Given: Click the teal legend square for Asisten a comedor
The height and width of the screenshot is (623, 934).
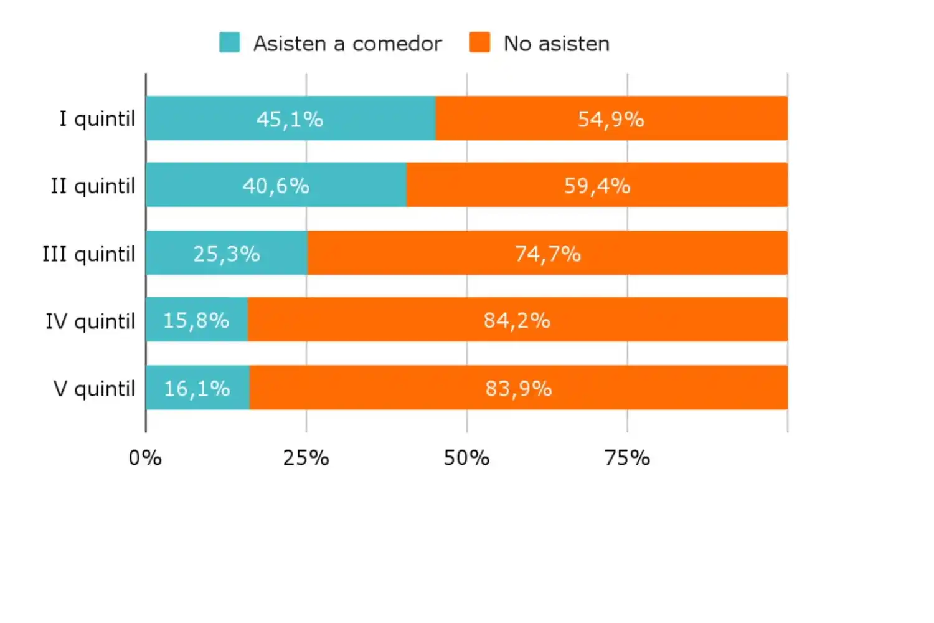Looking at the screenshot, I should pyautogui.click(x=230, y=42).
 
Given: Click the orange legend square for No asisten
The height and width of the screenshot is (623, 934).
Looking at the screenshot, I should pyautogui.click(x=479, y=42).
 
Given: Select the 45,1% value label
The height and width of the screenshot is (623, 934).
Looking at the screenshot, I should pyautogui.click(x=290, y=119).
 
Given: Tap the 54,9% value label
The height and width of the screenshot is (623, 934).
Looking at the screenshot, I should pyautogui.click(x=611, y=119).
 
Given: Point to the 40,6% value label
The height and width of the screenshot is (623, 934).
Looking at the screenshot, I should pyautogui.click(x=276, y=186).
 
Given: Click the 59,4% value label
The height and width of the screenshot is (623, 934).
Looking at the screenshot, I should pyautogui.click(x=597, y=186).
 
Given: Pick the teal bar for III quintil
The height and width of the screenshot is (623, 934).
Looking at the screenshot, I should pyautogui.click(x=227, y=253).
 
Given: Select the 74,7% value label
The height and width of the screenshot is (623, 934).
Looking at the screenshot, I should pyautogui.click(x=547, y=254).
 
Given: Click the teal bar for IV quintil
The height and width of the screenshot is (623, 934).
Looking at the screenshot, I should pyautogui.click(x=196, y=320).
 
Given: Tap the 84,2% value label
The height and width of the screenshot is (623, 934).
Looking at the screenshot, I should pyautogui.click(x=517, y=320).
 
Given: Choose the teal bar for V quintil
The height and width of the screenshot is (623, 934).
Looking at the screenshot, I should pyautogui.click(x=197, y=388).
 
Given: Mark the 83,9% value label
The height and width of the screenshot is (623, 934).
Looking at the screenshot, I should pyautogui.click(x=519, y=389).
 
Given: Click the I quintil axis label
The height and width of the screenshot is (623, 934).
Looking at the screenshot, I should pyautogui.click(x=97, y=118).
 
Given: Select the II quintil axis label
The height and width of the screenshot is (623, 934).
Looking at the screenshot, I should pyautogui.click(x=93, y=186).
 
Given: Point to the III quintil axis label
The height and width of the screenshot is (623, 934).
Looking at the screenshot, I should pyautogui.click(x=88, y=254).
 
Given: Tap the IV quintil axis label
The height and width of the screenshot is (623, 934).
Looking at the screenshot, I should pyautogui.click(x=90, y=321).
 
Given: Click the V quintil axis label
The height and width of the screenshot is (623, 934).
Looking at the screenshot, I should pyautogui.click(x=94, y=388).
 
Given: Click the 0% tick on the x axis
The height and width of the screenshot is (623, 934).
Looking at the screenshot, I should pyautogui.click(x=145, y=458).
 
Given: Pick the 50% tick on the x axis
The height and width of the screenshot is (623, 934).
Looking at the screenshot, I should pyautogui.click(x=466, y=458).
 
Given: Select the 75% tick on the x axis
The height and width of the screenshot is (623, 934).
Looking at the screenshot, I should pyautogui.click(x=627, y=458).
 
